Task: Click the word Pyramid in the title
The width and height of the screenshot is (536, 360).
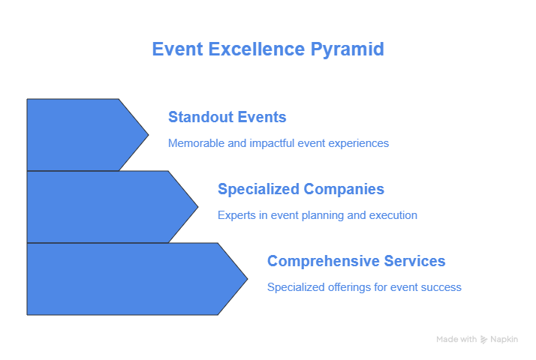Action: [348, 49]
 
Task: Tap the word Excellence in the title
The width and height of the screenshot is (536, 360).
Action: [257, 49]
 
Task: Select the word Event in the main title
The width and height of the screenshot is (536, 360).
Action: [178, 49]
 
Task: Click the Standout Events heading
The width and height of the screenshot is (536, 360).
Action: [227, 117]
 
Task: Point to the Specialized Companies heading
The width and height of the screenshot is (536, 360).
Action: [301, 189]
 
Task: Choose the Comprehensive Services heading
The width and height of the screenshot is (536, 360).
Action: [356, 261]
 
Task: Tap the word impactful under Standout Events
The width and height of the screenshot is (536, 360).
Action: [272, 143]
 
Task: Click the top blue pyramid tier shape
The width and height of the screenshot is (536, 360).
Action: [82, 135]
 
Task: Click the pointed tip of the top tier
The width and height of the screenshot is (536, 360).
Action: [149, 135]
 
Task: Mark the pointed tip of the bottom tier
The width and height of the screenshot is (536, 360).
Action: [248, 279]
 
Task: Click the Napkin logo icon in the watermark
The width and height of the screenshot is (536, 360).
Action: [483, 340]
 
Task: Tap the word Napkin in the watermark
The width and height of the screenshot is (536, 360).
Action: [504, 340]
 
